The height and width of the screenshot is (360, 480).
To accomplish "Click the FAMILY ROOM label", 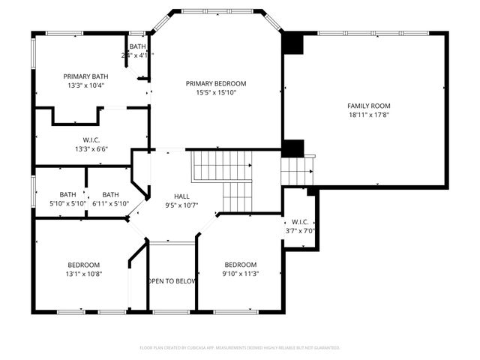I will pyautogui.click(x=368, y=106).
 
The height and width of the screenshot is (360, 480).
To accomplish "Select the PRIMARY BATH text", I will pyautogui.click(x=85, y=76).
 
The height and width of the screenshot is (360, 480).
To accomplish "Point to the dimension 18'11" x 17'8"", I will pyautogui.click(x=368, y=115).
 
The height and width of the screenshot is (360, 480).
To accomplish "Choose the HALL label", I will pyautogui.click(x=181, y=196).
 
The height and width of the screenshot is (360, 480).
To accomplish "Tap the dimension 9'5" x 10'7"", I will pyautogui.click(x=181, y=205).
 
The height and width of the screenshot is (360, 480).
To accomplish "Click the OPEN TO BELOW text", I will pyautogui.click(x=172, y=281).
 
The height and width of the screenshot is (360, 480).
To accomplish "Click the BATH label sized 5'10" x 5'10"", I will pyautogui.click(x=68, y=194).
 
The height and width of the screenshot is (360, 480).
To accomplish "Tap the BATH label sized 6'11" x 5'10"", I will pyautogui.click(x=110, y=194).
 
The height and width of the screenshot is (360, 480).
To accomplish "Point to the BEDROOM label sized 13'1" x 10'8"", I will pyautogui.click(x=84, y=265).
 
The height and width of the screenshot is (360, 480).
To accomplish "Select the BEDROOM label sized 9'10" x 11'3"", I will pyautogui.click(x=241, y=265).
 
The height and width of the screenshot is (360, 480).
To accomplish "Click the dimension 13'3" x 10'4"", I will pyautogui.click(x=85, y=85).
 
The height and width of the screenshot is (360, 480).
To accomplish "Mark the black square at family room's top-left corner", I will pyautogui.click(x=292, y=43).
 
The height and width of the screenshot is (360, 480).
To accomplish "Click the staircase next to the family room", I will pyautogui.click(x=296, y=170).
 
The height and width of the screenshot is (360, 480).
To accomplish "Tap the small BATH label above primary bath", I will pyautogui.click(x=137, y=46).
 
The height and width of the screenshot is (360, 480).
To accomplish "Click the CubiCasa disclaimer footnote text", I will pyautogui.click(x=240, y=348).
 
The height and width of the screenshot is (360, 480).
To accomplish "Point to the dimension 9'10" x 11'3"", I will pyautogui.click(x=241, y=274).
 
